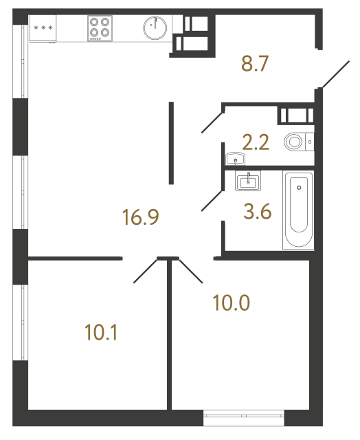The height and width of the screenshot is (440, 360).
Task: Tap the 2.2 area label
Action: (x=254, y=143)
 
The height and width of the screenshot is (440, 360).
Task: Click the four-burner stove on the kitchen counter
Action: (x=100, y=29)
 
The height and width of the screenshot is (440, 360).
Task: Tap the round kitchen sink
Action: (x=155, y=29)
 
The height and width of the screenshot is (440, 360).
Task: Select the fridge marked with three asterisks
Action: (x=43, y=29)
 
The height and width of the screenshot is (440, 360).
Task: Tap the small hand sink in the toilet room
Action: (x=236, y=159)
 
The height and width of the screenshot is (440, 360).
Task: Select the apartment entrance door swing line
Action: (x=335, y=74)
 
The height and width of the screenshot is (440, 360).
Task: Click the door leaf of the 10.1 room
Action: (x=146, y=270)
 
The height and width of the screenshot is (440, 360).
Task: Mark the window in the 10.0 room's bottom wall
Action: (x=244, y=414)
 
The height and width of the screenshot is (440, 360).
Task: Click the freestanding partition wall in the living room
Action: (x=171, y=142)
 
